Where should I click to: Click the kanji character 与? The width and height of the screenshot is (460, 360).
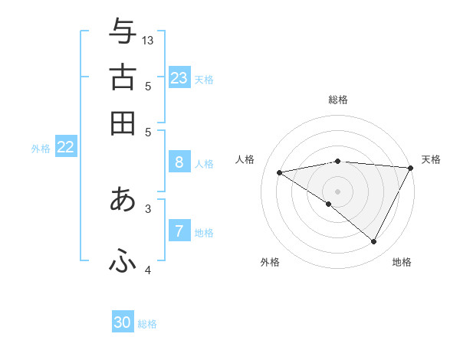point(123,32)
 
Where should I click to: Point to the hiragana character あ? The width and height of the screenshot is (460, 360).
point(123,199)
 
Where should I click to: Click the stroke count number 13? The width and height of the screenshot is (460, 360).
point(148,40)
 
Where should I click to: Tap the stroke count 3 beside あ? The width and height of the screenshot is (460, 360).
point(148,207)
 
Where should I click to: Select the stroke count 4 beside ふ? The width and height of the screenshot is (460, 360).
point(148,270)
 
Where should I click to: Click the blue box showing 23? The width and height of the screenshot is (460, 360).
point(179,78)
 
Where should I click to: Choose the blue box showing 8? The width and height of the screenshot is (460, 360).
point(179,162)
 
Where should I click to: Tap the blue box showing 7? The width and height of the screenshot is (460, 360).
point(179,231)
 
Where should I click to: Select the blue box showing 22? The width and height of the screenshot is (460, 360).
point(65,148)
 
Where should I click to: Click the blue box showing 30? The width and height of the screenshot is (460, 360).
point(123,322)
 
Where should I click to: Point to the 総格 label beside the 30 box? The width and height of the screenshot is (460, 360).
point(147,324)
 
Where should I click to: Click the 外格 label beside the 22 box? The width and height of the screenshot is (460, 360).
point(41,149)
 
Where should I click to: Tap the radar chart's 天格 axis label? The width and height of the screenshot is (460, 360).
point(431,159)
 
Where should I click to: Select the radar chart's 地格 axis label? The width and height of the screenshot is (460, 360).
point(402,262)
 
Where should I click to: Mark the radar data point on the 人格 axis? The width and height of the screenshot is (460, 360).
point(280,172)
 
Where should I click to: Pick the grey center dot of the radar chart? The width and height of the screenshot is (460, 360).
point(337,191)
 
